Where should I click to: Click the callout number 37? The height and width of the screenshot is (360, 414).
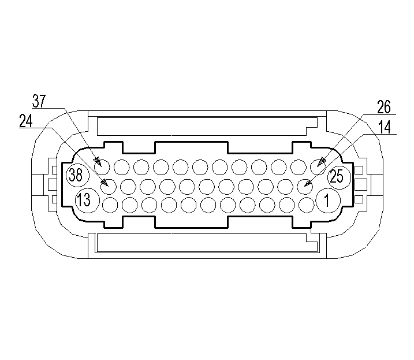point(39,102)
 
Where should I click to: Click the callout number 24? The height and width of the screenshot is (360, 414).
point(26,121)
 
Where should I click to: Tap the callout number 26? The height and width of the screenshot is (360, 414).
point(383,107)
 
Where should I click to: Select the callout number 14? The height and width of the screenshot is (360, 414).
point(383,127)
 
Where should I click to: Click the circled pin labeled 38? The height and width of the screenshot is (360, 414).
point(76,175)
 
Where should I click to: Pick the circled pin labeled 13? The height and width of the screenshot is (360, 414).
point(84,201)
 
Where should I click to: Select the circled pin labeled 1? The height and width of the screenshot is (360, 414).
point(326,201)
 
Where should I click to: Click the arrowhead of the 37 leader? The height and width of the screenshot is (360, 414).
point(98,162)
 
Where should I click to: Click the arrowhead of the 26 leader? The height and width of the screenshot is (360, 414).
point(319,164)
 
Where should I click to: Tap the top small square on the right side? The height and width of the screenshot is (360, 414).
point(359,170)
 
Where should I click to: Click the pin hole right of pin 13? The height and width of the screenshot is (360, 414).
point(109,204)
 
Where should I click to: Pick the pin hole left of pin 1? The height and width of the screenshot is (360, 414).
point(306,204)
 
